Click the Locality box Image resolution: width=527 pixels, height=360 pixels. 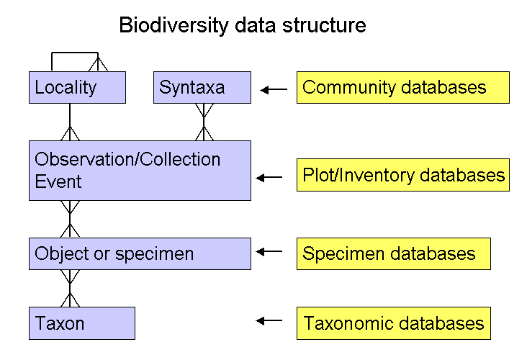77,87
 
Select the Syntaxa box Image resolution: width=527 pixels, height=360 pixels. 202,87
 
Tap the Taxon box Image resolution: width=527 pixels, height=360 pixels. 82,323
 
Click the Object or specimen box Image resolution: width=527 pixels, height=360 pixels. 140,253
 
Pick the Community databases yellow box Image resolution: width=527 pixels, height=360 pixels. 403,87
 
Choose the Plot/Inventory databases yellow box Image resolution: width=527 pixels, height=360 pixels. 403,175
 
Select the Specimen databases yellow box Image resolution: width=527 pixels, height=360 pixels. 394,253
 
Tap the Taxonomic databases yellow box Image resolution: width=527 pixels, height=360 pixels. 394,323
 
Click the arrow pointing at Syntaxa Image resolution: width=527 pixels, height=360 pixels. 274,90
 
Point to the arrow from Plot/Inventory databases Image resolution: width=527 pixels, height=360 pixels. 269,177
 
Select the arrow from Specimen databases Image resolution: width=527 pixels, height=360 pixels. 269,251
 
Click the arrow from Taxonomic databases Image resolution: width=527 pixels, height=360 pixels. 269,320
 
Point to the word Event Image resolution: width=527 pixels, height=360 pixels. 58,181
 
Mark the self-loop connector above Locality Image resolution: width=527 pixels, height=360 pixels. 75,53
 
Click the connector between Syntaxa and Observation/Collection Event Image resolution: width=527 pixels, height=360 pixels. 204,122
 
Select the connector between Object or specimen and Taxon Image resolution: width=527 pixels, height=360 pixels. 70,289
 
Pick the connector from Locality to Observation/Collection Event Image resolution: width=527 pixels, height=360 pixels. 70,122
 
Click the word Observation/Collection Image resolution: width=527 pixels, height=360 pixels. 127,159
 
